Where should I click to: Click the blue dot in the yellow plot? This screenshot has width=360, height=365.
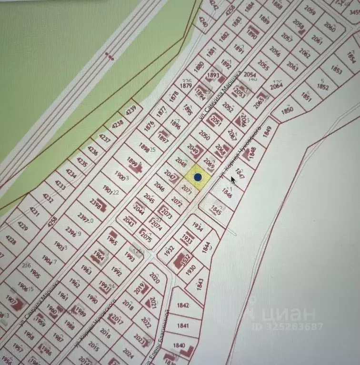198,178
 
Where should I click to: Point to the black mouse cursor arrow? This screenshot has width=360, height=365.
233,180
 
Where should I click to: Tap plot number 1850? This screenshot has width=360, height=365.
287,111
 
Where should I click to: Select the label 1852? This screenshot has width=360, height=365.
323,87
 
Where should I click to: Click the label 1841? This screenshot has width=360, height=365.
183,326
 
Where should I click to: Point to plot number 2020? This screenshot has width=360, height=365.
154,276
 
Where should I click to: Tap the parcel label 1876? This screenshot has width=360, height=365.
150,127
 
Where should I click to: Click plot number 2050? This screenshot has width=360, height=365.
204,135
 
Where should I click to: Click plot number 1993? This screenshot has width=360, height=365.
130,256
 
